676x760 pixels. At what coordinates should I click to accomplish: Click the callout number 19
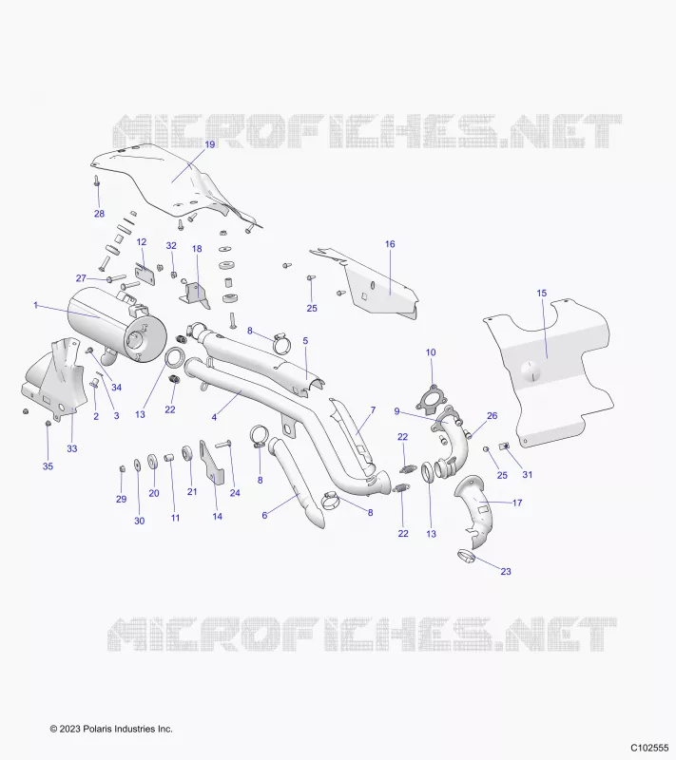(x=209, y=144)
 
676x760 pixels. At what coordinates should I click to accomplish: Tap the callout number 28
(x=99, y=214)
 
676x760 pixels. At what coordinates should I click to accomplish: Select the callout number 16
(x=390, y=244)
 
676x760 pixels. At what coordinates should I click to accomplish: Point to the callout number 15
(x=542, y=294)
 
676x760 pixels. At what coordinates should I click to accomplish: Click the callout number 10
(x=431, y=352)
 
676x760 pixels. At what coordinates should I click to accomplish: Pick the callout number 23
(x=506, y=572)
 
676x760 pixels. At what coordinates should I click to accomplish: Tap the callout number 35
(x=48, y=466)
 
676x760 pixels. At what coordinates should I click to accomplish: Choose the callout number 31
(x=527, y=474)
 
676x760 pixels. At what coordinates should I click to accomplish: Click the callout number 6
(x=264, y=515)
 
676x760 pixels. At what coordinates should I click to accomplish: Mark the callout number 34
(x=116, y=388)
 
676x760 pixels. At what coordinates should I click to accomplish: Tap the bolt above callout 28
(x=96, y=181)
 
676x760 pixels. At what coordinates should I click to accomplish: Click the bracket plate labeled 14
(x=211, y=461)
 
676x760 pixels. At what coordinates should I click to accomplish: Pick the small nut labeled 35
(x=48, y=424)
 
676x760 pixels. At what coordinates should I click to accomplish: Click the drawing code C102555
(x=649, y=747)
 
